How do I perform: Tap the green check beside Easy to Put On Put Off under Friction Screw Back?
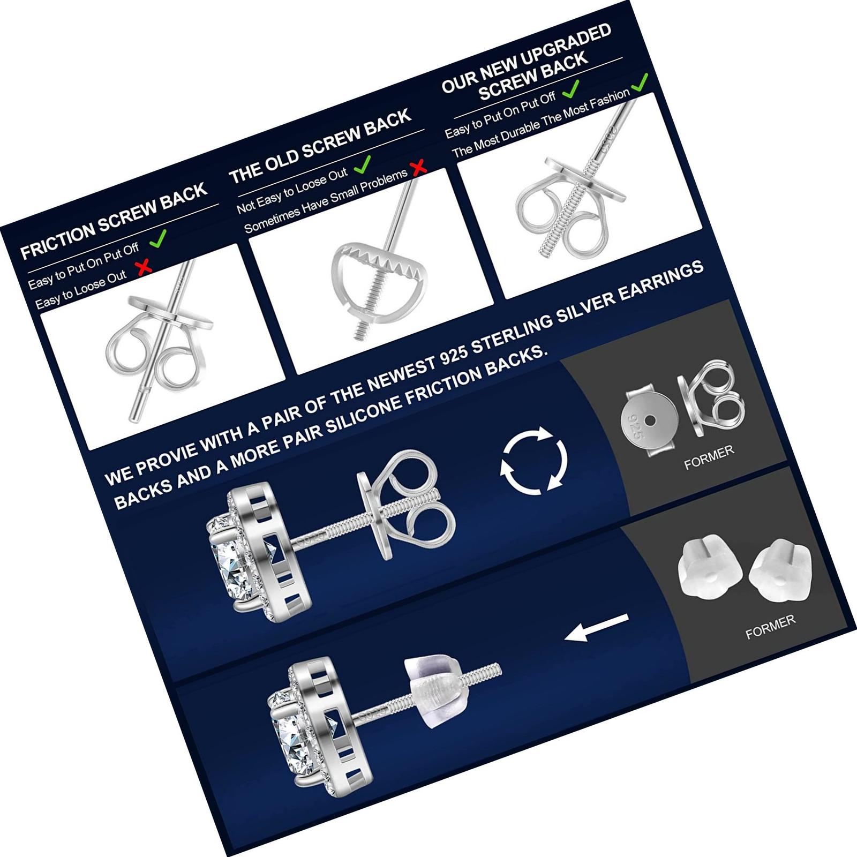tap(158, 238)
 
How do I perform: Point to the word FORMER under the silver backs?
tap(709, 458)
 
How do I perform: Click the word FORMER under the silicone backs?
tap(770, 627)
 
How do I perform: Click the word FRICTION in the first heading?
tap(57, 237)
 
